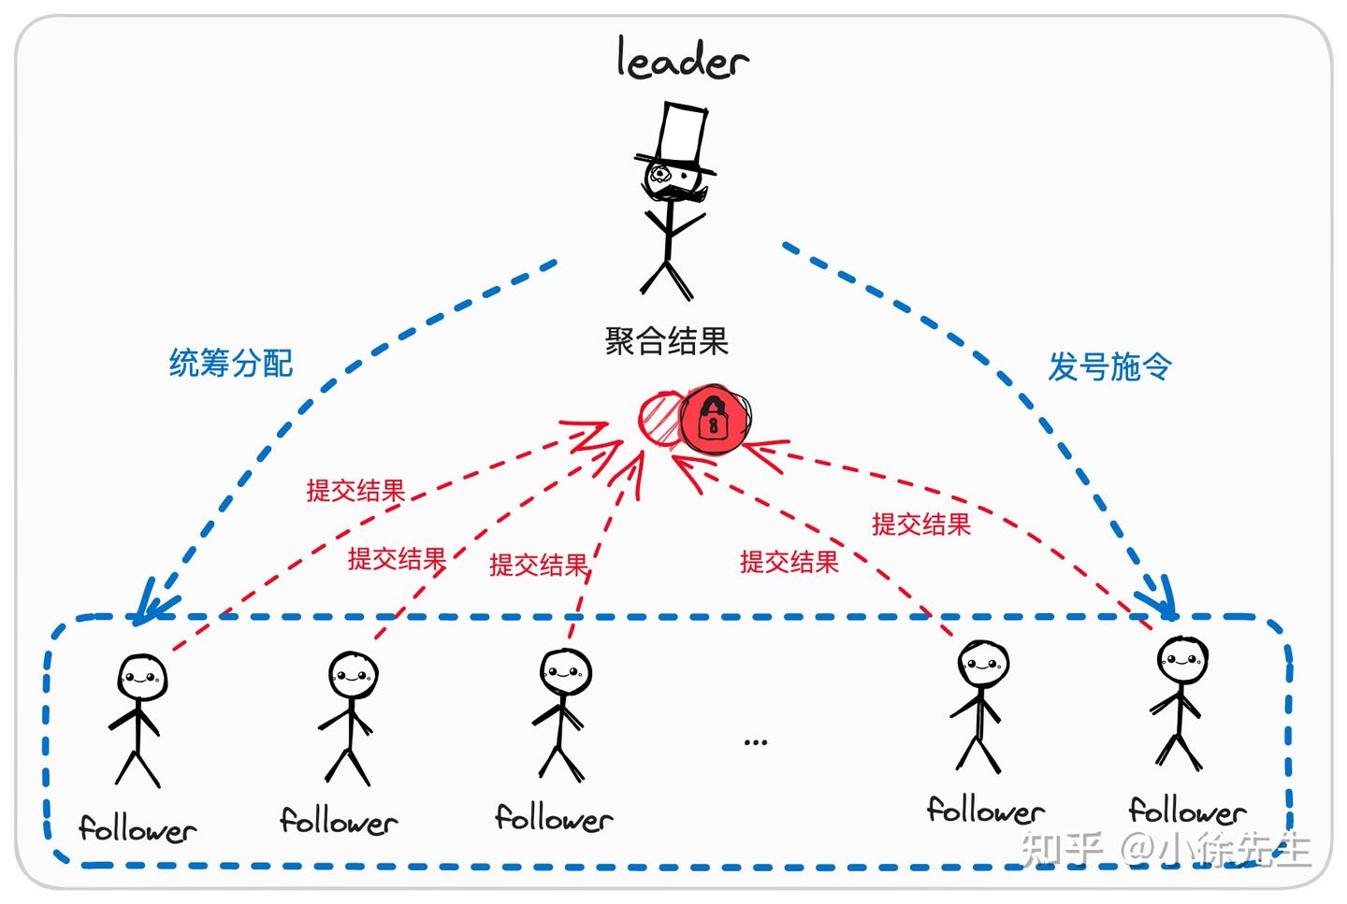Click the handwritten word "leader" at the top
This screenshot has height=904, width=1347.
pos(682,60)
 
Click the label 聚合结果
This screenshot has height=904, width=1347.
pos(666,341)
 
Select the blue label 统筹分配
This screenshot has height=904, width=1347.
pos(231,363)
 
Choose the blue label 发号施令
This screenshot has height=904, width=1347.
pos(1109,366)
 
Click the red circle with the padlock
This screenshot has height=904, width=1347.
pos(715,420)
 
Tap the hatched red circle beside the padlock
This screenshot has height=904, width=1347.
pos(659,418)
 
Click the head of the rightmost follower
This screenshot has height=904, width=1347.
pos(1181,661)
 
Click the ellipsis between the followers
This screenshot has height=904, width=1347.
pos(755,742)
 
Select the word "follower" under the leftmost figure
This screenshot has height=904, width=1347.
pos(138,828)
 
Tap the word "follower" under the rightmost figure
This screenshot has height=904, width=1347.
pos(1187,810)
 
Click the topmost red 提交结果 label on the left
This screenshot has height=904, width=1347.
pos(355,491)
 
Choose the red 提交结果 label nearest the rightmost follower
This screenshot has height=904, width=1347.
pos(921,524)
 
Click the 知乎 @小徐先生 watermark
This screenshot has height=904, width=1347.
pos(1165,847)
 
